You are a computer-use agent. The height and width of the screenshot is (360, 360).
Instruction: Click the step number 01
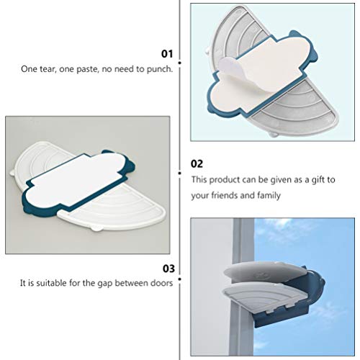click(x=167, y=53)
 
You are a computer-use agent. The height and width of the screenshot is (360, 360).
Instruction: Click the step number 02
click(x=197, y=163)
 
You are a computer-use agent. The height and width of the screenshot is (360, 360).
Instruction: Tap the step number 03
click(x=167, y=269)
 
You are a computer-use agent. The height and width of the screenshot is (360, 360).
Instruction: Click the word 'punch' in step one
click(x=158, y=69)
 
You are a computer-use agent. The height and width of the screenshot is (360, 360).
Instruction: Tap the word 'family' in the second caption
click(x=268, y=195)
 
